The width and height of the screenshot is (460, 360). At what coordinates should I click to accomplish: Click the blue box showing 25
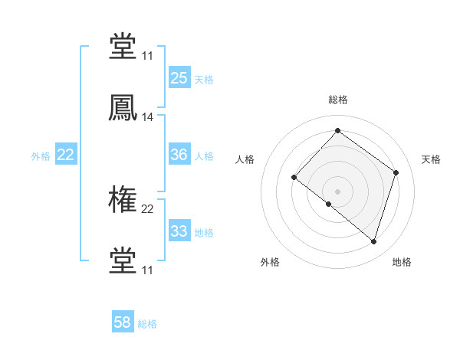click(x=179, y=77)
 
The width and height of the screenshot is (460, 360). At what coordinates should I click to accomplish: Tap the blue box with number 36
click(x=179, y=155)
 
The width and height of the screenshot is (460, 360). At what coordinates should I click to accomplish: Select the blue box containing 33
click(x=179, y=231)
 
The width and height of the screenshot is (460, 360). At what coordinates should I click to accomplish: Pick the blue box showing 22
click(x=66, y=155)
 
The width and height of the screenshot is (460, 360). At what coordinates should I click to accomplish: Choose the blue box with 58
click(x=122, y=322)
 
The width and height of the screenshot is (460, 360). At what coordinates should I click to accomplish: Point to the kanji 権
click(x=123, y=201)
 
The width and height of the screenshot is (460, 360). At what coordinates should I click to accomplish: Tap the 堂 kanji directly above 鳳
click(x=123, y=47)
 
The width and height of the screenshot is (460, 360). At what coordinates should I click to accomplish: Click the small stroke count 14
click(x=148, y=117)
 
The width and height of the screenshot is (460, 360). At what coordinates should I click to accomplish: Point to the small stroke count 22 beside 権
click(x=148, y=208)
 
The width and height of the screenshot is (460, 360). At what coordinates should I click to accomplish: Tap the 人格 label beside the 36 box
click(x=204, y=156)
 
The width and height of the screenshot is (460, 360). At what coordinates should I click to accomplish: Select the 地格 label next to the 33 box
click(x=204, y=233)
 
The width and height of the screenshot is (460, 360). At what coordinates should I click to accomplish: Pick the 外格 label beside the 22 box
click(x=41, y=156)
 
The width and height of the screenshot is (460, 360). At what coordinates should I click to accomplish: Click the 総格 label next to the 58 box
click(x=147, y=324)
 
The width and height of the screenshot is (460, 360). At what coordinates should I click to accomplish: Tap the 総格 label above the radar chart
click(x=338, y=100)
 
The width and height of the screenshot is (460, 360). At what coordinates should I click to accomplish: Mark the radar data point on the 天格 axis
click(x=396, y=172)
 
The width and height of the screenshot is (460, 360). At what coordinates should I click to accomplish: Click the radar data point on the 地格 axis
click(x=374, y=242)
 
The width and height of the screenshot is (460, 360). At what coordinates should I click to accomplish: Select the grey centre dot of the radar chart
click(x=338, y=191)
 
